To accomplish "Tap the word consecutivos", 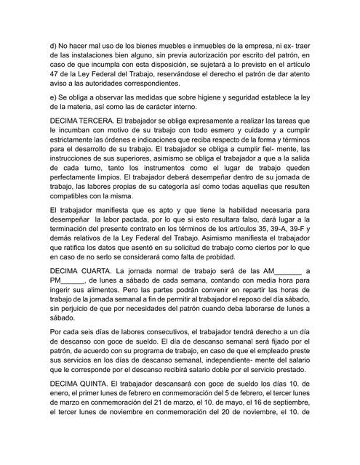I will (x=162, y=332).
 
